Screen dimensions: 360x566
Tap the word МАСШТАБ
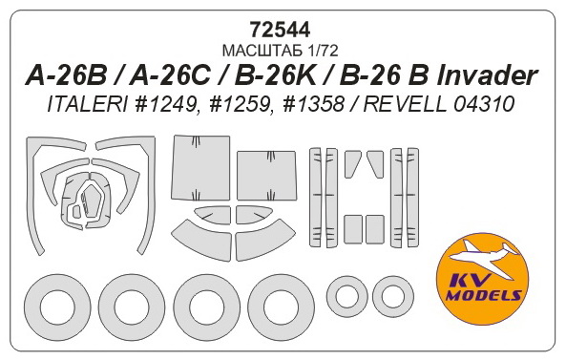coord(260,49)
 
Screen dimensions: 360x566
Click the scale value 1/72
coord(323,49)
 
